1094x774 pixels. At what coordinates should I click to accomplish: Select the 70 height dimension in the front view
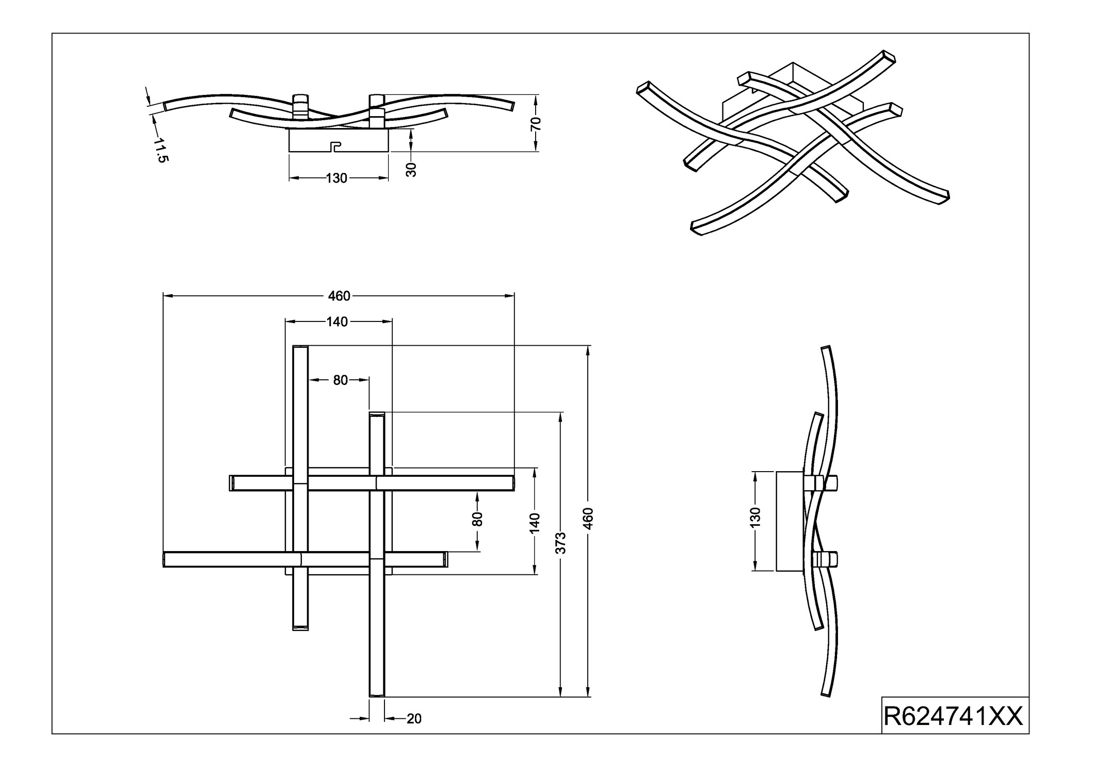coord(536,124)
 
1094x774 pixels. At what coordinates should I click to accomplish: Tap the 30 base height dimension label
coord(411,169)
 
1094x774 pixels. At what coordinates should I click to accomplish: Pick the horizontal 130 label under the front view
coord(336,179)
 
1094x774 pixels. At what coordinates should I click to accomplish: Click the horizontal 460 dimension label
coord(339,296)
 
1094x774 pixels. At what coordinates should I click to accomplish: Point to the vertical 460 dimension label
coord(589,518)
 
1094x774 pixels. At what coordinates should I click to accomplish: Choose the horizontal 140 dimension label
coord(337,322)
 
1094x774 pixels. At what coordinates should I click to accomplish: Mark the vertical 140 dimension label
coord(535,523)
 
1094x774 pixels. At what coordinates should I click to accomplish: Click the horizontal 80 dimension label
coord(340,381)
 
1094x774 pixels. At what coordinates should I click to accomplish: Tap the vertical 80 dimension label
coord(477,519)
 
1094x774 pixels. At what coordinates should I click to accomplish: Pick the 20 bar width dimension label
coord(414,719)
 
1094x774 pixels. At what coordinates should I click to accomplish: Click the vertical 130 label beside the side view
coord(755,518)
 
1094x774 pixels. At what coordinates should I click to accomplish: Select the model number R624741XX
coord(953,717)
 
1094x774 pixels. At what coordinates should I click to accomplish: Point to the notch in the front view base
coord(335,147)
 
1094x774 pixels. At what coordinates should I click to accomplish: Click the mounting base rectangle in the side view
coord(790,521)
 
